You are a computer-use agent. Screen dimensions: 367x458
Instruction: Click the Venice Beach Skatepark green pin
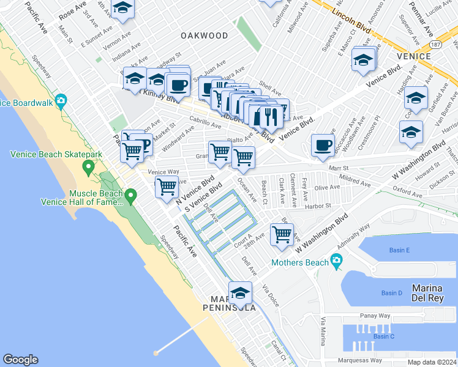pos(89,166)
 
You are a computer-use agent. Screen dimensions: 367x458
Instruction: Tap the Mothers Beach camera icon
pos(336,261)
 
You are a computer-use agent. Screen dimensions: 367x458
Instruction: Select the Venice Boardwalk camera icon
pos(61,101)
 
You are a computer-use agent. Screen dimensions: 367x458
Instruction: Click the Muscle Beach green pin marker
pos(130,196)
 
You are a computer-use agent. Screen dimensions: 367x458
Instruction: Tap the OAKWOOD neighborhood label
pos(205,36)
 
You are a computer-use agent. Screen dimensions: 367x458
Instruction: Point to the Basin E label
pos(399,250)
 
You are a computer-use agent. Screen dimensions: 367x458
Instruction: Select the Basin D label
pos(392,293)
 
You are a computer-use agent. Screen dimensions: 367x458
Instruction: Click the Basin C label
pos(384,336)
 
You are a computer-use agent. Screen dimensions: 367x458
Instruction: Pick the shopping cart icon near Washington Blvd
pos(282,234)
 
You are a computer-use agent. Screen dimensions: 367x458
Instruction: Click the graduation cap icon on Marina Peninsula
pos(240,292)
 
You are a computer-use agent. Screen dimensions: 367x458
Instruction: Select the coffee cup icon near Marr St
pos(323,145)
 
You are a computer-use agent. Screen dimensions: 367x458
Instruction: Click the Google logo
pos(20,360)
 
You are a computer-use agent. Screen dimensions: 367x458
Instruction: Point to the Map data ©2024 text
pos(431,362)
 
